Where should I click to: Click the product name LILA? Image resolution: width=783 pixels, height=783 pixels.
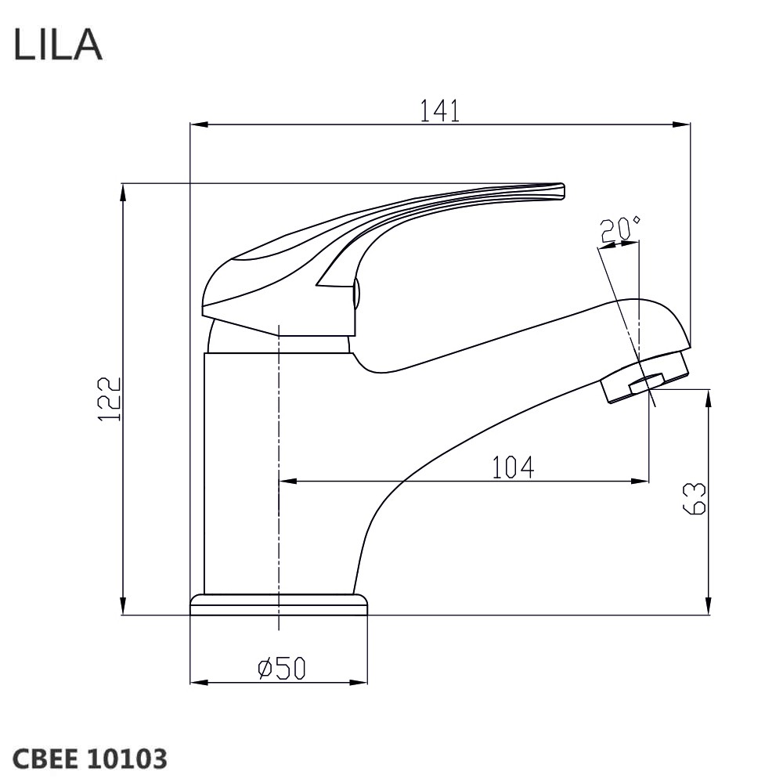pyautogui.click(x=58, y=44)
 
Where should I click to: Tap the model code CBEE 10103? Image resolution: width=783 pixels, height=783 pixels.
pyautogui.click(x=89, y=759)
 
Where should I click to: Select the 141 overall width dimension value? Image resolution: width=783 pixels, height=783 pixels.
pyautogui.click(x=439, y=110)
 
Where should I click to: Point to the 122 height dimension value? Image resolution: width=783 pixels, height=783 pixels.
pyautogui.click(x=110, y=399)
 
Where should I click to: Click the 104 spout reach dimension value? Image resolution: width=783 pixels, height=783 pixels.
pyautogui.click(x=514, y=467)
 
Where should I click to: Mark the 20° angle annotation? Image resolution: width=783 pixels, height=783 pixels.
pyautogui.click(x=619, y=229)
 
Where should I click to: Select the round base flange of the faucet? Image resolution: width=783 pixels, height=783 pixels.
pyautogui.click(x=279, y=604)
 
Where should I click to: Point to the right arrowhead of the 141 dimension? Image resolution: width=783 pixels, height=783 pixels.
pyautogui.click(x=682, y=124)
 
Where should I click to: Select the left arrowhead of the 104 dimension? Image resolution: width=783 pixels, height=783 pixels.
pyautogui.click(x=287, y=482)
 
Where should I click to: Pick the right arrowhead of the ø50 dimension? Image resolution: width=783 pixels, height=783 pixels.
pyautogui.click(x=359, y=682)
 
